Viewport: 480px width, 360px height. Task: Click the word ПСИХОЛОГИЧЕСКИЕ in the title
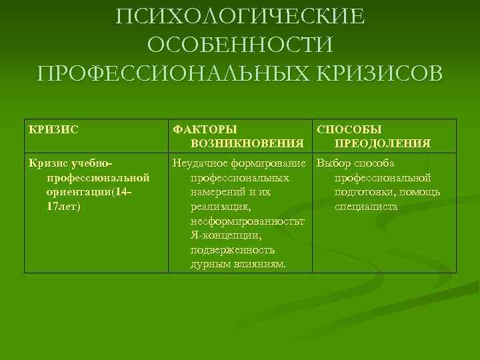(x=240, y=16)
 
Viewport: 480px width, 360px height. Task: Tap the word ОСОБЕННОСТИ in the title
(x=240, y=45)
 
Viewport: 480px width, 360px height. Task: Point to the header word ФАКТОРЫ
(x=205, y=129)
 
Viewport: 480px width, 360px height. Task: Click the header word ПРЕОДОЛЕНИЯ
(x=382, y=143)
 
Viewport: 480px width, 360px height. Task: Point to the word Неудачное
(x=199, y=163)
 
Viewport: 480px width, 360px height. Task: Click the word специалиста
(x=366, y=207)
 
